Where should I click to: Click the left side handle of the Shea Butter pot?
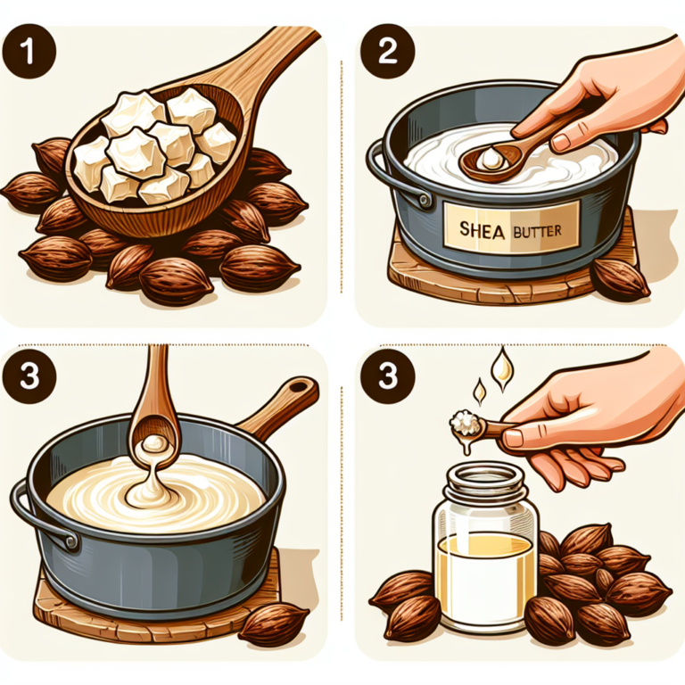(382, 169)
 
